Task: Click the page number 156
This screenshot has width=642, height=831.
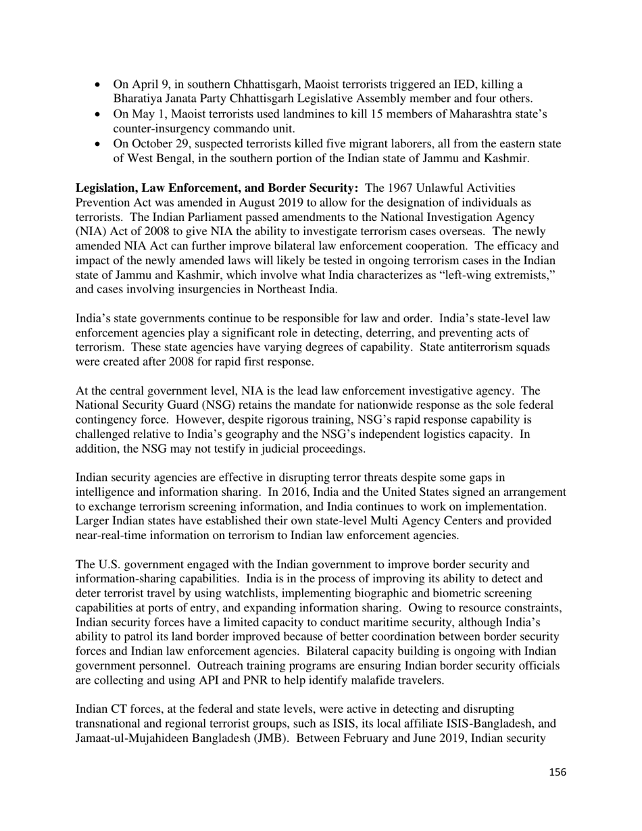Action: click(557, 772)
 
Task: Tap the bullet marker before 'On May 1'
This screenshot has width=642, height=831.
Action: click(99, 114)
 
